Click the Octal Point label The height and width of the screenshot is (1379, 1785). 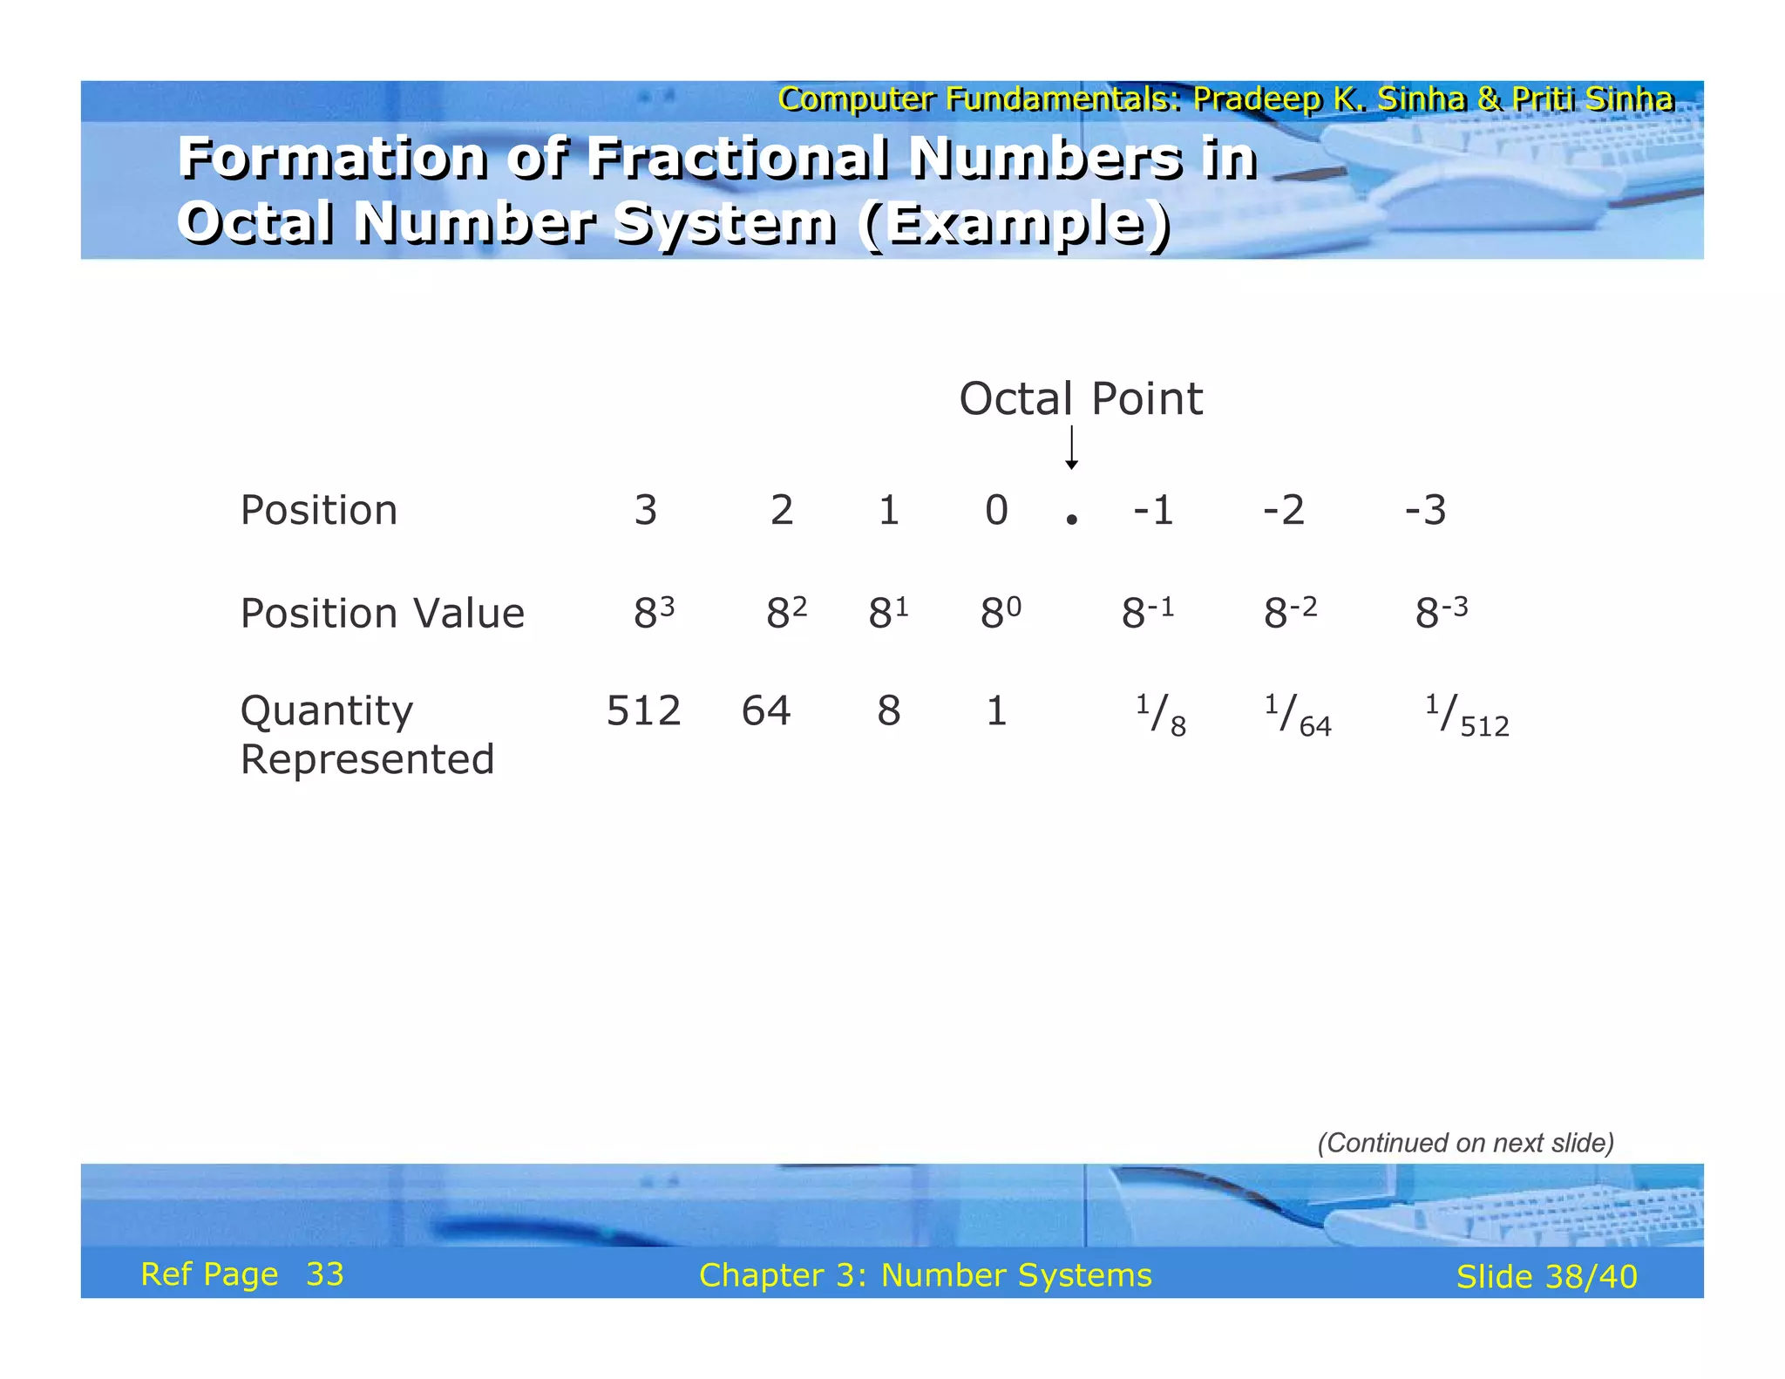1080,399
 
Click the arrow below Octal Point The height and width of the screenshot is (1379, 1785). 1071,448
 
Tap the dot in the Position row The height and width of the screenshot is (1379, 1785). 1071,520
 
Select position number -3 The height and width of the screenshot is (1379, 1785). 1425,510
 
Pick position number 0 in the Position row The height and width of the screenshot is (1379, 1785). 996,510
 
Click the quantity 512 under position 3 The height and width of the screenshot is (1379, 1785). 643,710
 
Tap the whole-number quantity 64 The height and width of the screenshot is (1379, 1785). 766,710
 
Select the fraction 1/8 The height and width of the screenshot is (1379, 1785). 1160,716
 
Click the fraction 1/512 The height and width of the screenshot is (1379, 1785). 1467,716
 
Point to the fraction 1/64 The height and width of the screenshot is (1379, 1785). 1298,716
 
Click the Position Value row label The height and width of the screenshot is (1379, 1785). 382,613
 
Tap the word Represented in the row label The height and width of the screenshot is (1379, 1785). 367,759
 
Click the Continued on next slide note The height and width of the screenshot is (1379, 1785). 1465,1143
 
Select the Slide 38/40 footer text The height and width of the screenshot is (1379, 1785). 1546,1277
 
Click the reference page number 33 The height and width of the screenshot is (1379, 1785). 325,1274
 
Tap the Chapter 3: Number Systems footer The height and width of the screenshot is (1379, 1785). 925,1275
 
